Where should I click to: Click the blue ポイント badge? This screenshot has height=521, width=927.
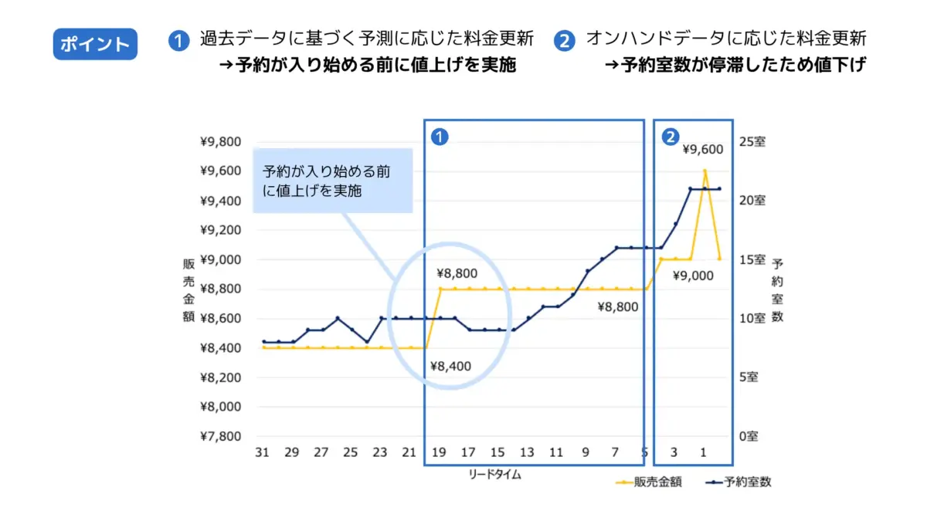95,44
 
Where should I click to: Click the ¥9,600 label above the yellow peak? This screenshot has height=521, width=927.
703,150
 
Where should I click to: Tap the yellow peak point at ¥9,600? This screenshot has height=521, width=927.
705,171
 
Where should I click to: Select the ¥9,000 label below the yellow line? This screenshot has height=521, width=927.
693,276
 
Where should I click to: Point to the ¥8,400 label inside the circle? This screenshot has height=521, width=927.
450,366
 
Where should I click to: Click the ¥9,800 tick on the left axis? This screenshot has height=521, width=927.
221,142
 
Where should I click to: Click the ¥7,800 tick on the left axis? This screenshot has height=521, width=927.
221,436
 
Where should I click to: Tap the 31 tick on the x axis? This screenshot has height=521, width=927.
263,452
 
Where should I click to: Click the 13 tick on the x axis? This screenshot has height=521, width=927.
527,452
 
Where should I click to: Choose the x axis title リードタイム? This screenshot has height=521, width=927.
494,475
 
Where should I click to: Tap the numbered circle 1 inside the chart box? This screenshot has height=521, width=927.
439,137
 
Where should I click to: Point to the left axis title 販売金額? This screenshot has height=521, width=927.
188,289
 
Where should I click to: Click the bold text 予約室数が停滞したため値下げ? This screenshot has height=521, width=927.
734,65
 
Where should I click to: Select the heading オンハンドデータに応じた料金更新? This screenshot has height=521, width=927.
726,38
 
